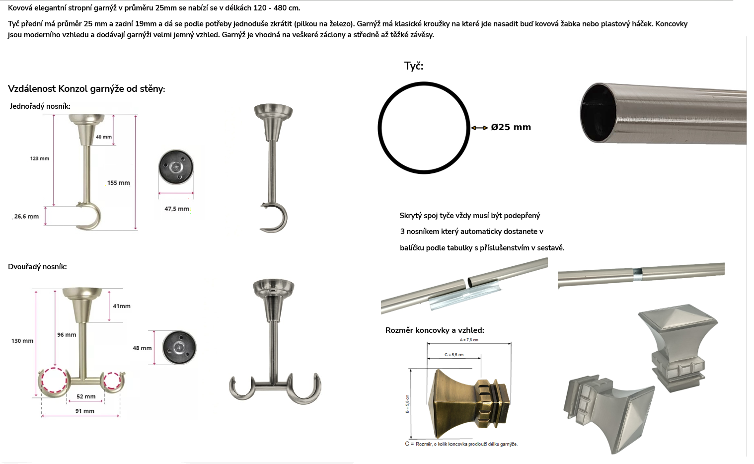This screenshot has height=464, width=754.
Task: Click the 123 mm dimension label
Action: point(40,158)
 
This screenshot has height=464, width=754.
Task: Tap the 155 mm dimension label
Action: point(119,183)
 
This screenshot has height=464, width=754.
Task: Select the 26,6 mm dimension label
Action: point(26,217)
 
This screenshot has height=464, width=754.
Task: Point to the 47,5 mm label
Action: point(177,209)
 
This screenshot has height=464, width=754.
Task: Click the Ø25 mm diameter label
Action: point(511,127)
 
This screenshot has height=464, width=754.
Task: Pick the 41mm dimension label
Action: point(122,306)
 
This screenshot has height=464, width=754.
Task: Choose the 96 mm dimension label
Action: point(67,335)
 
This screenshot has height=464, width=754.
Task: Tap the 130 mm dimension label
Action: point(22,341)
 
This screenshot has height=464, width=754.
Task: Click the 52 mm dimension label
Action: point(86,396)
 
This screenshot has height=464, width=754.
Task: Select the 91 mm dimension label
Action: point(85,411)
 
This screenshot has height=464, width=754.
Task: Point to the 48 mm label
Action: point(142,348)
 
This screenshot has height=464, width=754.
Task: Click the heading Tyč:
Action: point(414,66)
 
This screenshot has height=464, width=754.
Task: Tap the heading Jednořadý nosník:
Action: point(40,106)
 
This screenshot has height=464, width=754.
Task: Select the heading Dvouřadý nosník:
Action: point(37,267)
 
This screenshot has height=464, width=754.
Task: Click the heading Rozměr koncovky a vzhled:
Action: point(435,330)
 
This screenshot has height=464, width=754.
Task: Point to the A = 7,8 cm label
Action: point(469,340)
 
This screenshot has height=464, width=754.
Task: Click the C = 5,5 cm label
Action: point(454,355)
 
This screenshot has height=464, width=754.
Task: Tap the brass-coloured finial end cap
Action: point(469,403)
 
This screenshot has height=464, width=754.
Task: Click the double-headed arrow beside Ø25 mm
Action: point(480,128)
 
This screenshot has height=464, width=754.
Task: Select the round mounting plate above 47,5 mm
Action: point(176,167)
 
